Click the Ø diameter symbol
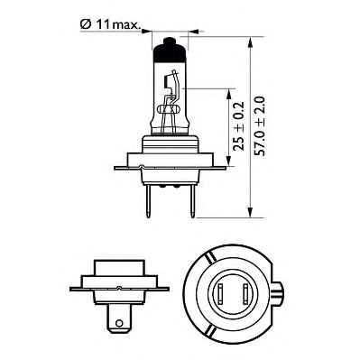(x=85, y=27)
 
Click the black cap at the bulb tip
(x=170, y=55)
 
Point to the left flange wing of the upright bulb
(x=125, y=166)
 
